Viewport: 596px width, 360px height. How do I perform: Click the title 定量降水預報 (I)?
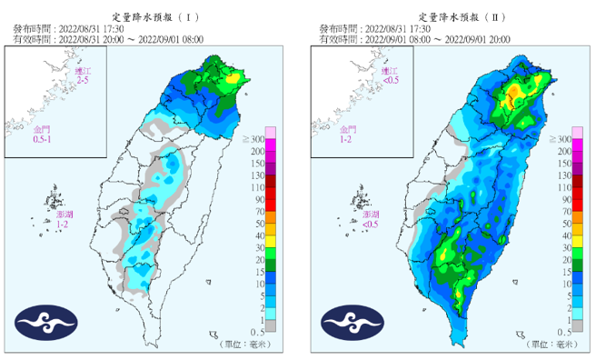tap(149, 17)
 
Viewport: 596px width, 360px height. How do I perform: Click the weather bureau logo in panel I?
tap(45, 323)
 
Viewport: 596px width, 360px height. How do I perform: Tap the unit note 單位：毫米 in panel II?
tap(550, 344)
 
